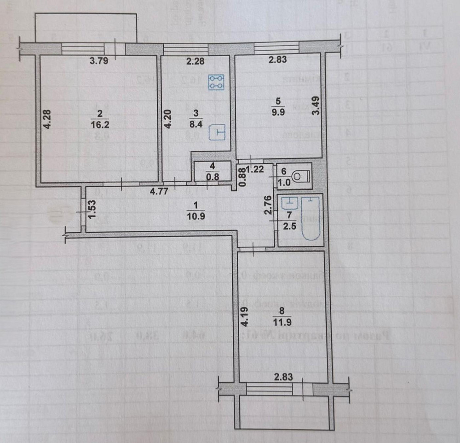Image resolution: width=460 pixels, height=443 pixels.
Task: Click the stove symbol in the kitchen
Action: pos(217,82)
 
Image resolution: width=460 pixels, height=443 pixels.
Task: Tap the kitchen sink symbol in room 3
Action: pos(218,133)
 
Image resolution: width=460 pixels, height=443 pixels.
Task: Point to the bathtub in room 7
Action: pos(311,218)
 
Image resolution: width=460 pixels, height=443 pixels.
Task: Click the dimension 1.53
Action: pos(91,210)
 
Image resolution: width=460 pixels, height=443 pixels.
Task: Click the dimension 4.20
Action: pos(168,119)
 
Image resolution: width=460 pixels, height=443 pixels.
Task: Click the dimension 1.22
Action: pos(256,169)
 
